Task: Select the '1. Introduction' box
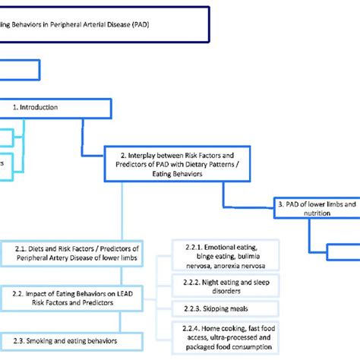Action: [46, 107]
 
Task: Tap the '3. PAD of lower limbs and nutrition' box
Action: [315, 208]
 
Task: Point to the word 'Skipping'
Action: [221, 308]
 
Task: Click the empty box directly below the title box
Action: [19, 71]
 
